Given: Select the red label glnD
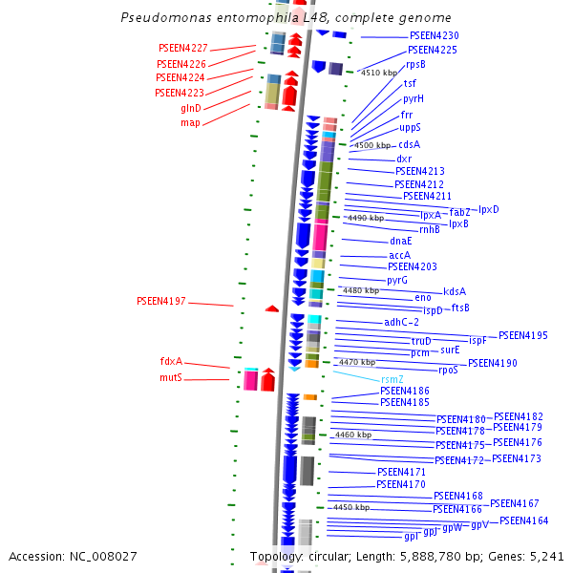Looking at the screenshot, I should (191, 108).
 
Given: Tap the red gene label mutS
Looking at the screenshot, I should (171, 378).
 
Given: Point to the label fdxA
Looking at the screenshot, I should (171, 362).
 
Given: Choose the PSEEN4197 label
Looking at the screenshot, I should (161, 301).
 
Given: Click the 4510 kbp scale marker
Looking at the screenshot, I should (378, 73).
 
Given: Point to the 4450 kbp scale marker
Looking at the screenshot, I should (350, 507).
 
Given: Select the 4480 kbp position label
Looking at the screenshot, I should (361, 290).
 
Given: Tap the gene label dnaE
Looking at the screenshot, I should (401, 242).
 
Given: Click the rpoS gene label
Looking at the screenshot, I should (449, 370).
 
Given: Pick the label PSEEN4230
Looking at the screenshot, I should (434, 35).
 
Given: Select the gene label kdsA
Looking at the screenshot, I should (455, 291).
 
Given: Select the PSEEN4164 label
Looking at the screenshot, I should (523, 520).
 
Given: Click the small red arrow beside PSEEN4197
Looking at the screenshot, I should (272, 308).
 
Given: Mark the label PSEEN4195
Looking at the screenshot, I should (523, 335).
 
